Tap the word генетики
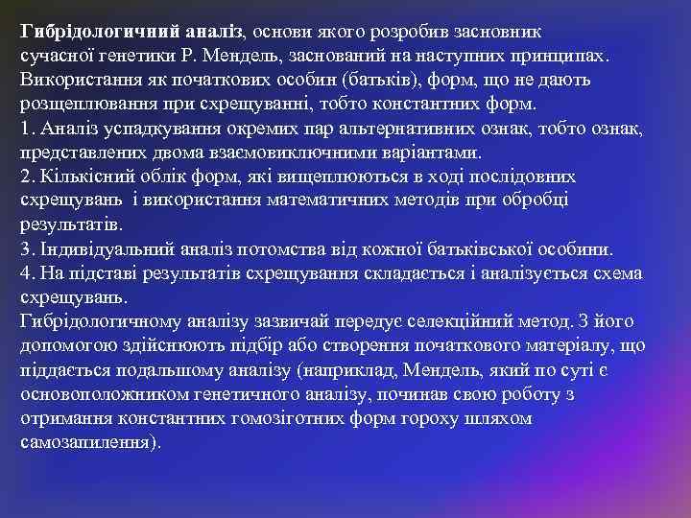[x=133, y=55]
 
